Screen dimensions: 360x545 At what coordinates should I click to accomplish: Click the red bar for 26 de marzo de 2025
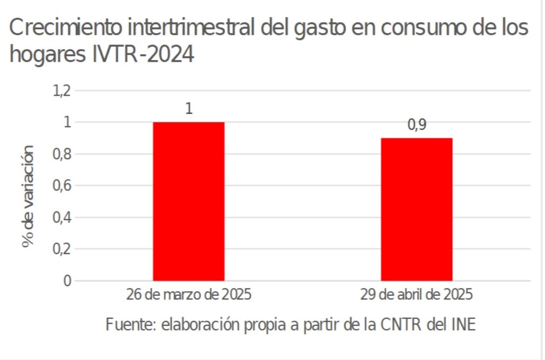pos(189,201)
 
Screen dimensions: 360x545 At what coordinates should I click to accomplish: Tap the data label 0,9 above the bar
pos(417,126)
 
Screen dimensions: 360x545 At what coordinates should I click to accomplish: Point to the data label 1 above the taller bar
pos(189,109)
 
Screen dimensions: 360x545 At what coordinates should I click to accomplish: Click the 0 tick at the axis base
pos(66,281)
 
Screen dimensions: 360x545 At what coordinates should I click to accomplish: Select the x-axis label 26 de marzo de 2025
pos(189,295)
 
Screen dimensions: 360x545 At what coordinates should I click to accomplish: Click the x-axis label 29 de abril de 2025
pos(417,295)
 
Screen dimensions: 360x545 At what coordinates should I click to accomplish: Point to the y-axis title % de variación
pos(28,196)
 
